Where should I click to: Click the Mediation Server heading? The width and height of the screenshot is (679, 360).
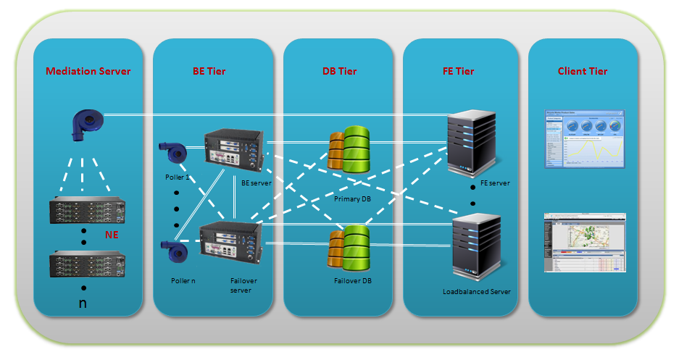point(88,71)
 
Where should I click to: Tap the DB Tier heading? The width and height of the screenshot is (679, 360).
point(339,71)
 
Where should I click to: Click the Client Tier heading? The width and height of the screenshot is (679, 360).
point(583,71)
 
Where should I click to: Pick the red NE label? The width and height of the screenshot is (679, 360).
point(111,235)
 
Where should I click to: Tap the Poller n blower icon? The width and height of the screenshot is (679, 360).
point(174,253)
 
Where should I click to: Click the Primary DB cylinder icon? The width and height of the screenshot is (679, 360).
point(349,148)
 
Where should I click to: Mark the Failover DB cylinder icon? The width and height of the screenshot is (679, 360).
point(351,248)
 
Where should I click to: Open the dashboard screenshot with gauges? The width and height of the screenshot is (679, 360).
point(583,139)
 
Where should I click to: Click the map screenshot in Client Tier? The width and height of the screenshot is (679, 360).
point(583,243)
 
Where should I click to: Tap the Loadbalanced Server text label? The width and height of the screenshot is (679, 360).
point(477,292)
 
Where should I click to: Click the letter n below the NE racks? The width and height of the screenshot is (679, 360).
point(83,303)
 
